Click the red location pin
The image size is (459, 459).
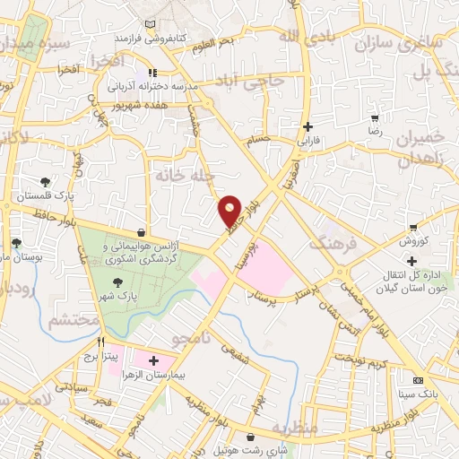[230, 211]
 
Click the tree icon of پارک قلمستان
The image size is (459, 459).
[46, 180]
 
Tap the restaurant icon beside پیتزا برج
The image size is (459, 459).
[100, 342]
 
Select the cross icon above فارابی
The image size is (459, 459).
[308, 126]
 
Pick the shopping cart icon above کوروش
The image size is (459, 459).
[412, 228]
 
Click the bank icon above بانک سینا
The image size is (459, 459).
[416, 380]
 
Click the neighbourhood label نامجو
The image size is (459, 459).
[192, 338]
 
